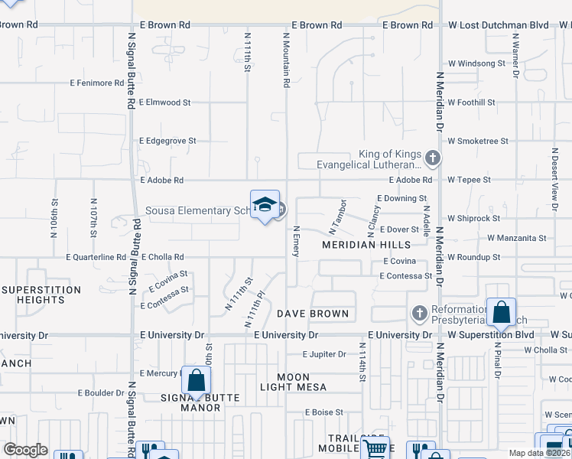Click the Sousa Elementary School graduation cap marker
point(265,204)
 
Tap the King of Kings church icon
point(433,159)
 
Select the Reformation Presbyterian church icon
point(418,314)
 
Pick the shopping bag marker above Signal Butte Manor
point(196,380)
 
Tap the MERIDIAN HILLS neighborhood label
point(366,245)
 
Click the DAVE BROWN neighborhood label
point(313,314)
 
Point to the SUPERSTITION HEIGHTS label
point(41,295)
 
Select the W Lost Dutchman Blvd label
point(498,24)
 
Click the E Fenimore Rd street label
point(96,83)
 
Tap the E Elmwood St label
point(164,102)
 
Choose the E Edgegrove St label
point(167,141)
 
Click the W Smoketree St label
point(478,141)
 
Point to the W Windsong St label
point(476,63)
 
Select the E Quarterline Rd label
point(96,257)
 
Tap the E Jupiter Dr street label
point(323,354)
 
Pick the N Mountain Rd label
point(287,59)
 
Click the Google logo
point(25,450)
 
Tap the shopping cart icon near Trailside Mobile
point(374,449)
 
